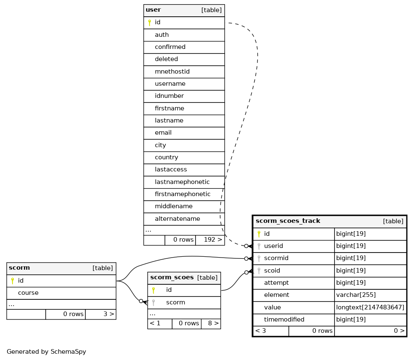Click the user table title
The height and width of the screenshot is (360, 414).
tap(153, 10)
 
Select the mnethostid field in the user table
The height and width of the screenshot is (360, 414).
tap(172, 71)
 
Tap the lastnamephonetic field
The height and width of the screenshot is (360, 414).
tap(182, 182)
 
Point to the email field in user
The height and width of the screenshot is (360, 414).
tap(163, 133)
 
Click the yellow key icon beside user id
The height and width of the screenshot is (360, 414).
tap(149, 23)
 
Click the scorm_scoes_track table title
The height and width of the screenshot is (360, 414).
tap(288, 221)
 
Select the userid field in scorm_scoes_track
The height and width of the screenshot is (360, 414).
tap(273, 246)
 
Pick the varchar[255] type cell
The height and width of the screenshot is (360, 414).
tap(356, 295)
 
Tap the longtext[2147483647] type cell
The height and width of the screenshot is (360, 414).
tap(370, 307)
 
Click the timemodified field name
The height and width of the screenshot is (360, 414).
tap(284, 319)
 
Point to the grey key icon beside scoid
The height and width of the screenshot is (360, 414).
tap(259, 271)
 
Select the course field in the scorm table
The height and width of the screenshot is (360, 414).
tap(28, 293)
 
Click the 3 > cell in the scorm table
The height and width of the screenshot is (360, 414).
tap(108, 314)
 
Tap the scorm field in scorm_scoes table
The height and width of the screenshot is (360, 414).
tap(175, 302)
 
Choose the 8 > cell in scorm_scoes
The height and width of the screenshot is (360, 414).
tap(213, 323)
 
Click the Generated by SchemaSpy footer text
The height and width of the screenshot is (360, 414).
tap(46, 352)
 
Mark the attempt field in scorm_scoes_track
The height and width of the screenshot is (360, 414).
tap(276, 283)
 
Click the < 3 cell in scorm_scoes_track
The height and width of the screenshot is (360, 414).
tap(261, 331)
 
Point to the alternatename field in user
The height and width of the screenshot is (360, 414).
tap(177, 219)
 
